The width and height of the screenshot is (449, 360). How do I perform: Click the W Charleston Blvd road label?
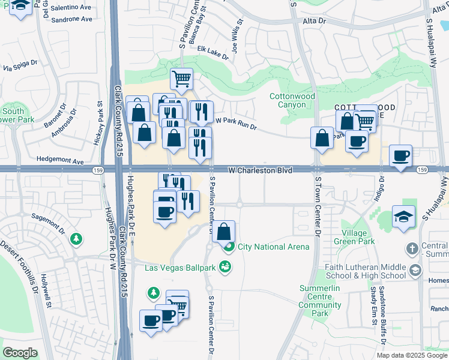click(261, 171)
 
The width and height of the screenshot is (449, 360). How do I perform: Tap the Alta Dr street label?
click(313, 21)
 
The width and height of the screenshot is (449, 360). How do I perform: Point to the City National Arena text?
click(274, 247)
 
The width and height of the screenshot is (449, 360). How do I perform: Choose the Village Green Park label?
click(358, 237)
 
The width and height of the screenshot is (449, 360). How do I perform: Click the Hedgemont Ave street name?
click(60, 161)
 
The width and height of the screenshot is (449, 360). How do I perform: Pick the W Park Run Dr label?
click(236, 124)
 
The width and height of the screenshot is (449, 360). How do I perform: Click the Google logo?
click(20, 353)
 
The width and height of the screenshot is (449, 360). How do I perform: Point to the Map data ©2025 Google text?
click(412, 355)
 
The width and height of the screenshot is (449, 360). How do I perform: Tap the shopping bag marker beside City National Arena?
click(223, 231)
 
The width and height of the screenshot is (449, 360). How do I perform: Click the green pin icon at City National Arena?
click(228, 246)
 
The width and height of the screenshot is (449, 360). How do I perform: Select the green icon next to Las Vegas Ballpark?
click(225, 266)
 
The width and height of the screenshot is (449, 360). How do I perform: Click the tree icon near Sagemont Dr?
click(76, 239)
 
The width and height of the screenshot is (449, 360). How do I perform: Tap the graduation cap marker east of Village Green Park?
click(403, 216)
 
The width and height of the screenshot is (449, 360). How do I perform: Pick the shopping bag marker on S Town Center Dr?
click(322, 137)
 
